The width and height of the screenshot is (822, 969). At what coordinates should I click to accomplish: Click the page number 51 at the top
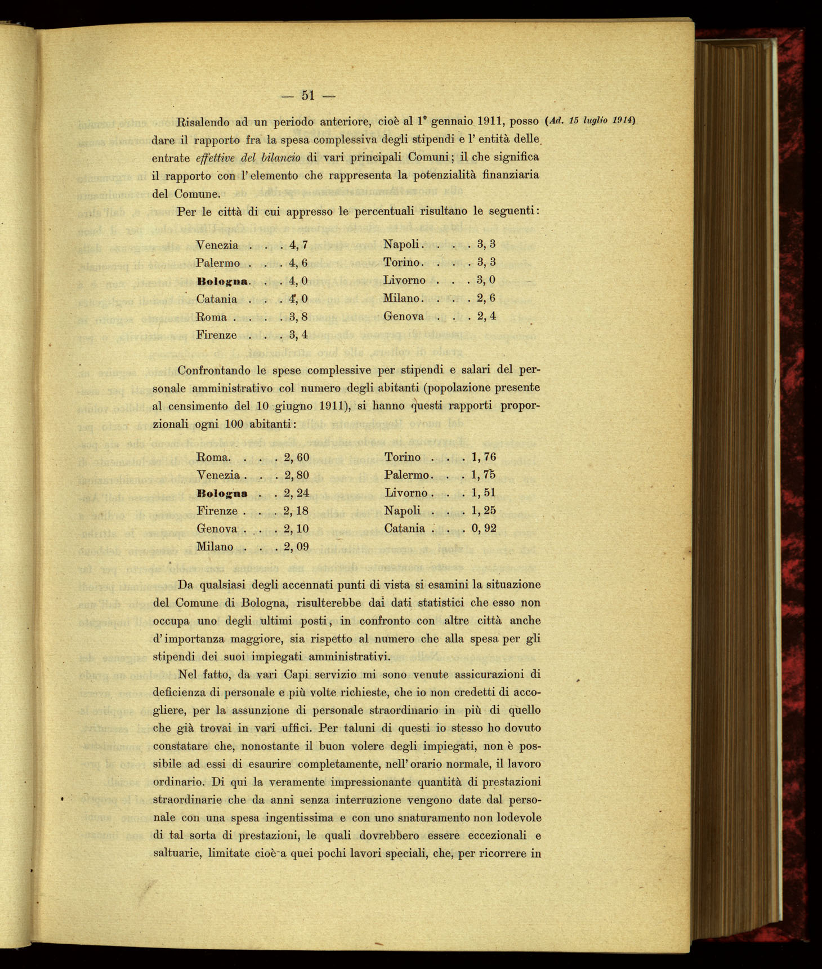click(x=307, y=95)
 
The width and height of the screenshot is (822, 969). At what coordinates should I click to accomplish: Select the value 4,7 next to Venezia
click(x=298, y=245)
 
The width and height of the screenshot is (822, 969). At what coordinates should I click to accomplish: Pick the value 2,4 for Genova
click(x=486, y=316)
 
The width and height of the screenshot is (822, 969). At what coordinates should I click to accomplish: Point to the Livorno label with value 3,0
click(x=404, y=280)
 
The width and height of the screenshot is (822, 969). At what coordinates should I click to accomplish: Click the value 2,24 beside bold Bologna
click(x=297, y=493)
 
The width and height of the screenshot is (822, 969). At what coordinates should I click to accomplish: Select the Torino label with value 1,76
click(x=403, y=457)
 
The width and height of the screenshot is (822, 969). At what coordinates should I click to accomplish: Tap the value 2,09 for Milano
click(x=297, y=546)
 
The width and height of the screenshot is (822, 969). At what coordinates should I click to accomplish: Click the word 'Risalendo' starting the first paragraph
click(x=203, y=121)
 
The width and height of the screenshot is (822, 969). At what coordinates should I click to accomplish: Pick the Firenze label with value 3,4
click(x=216, y=335)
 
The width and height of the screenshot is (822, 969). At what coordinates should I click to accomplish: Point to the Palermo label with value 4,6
click(x=218, y=263)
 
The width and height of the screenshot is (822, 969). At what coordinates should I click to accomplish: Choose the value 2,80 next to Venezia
click(x=297, y=475)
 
